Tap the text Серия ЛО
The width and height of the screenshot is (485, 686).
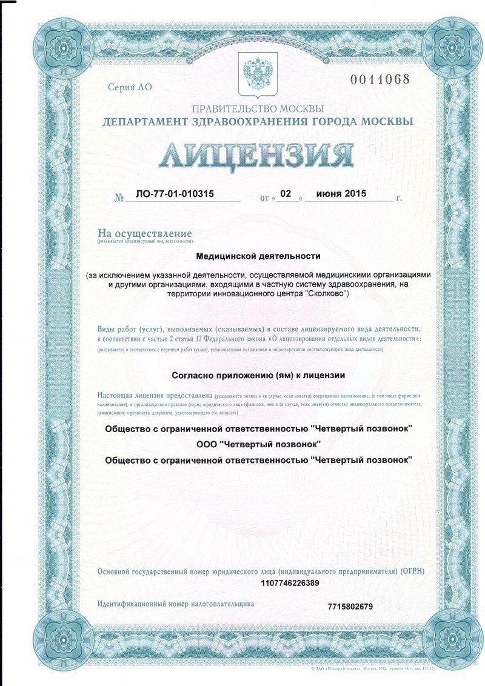click(x=130, y=87)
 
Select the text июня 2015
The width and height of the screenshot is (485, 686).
click(x=342, y=195)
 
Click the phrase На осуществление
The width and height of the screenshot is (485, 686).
click(x=145, y=233)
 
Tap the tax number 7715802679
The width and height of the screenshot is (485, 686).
click(x=350, y=607)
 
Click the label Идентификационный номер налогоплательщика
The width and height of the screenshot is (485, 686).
click(x=176, y=604)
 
